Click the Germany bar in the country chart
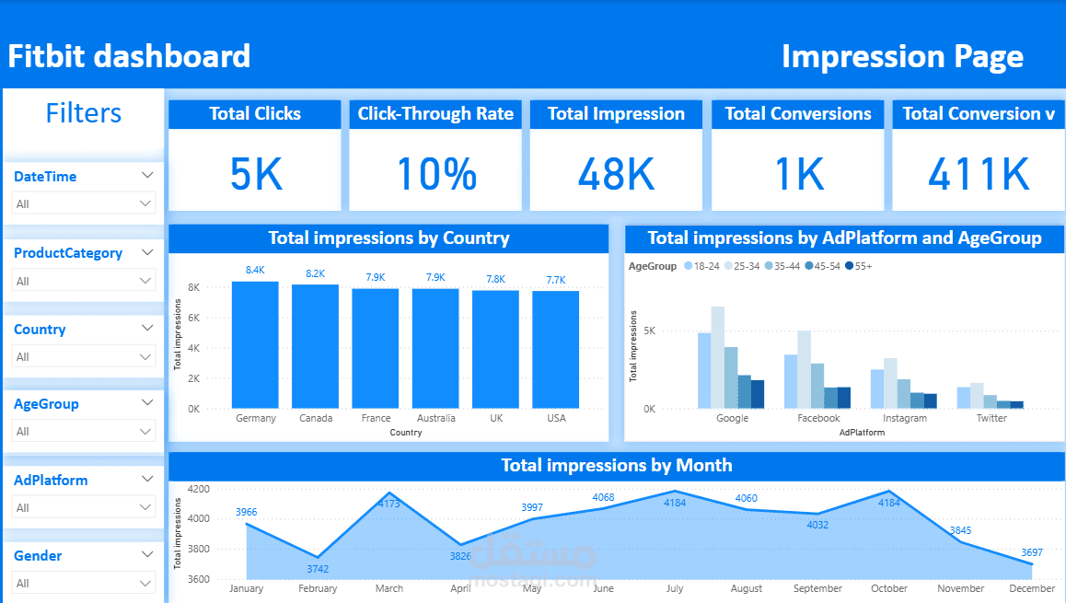(255, 344)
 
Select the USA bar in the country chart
(555, 350)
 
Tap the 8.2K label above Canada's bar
(315, 273)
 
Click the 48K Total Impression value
(616, 174)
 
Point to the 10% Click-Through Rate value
(436, 174)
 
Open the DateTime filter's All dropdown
(84, 203)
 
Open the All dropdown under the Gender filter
(84, 583)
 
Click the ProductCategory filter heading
(68, 253)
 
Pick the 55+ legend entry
(859, 266)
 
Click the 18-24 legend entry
(701, 266)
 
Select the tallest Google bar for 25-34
(718, 357)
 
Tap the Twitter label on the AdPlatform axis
(991, 418)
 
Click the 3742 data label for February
(318, 569)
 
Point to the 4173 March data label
(388, 504)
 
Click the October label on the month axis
(889, 588)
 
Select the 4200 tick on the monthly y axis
(199, 489)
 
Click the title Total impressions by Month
(617, 465)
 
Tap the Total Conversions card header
(798, 113)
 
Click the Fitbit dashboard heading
(129, 56)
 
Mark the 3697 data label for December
(1031, 552)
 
